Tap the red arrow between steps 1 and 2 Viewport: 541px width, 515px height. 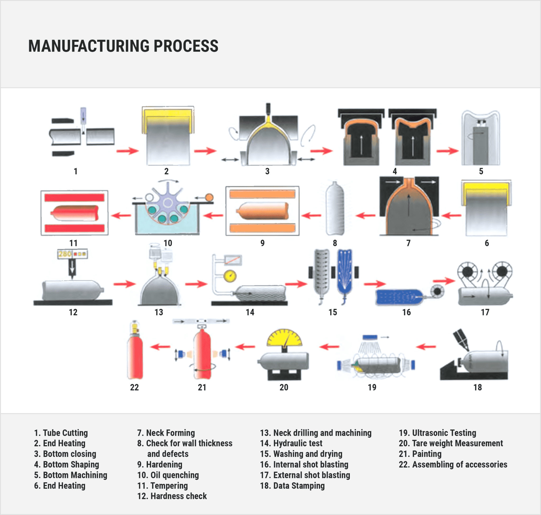(x=127, y=151)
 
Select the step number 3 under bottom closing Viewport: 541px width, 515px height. (x=267, y=171)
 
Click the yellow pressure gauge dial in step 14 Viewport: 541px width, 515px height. (x=230, y=276)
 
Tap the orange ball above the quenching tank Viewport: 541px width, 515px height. (x=209, y=197)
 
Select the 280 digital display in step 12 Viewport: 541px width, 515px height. (x=65, y=254)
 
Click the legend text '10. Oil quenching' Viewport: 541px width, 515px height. (x=168, y=475)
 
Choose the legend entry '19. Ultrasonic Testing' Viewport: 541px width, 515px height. (x=437, y=433)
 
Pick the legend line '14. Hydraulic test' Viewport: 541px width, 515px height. (x=291, y=443)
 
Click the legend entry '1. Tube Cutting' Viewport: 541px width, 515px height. (x=61, y=433)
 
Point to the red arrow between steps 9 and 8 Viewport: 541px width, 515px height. (x=311, y=215)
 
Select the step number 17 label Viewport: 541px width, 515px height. (x=485, y=312)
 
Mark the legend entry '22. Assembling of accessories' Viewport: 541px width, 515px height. (x=453, y=465)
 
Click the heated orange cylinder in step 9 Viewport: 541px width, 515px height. (x=263, y=211)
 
